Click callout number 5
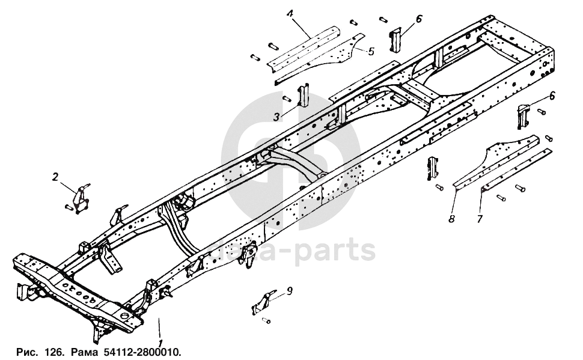371,52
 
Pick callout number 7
479,219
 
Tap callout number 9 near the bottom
290,291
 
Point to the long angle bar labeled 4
307,48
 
